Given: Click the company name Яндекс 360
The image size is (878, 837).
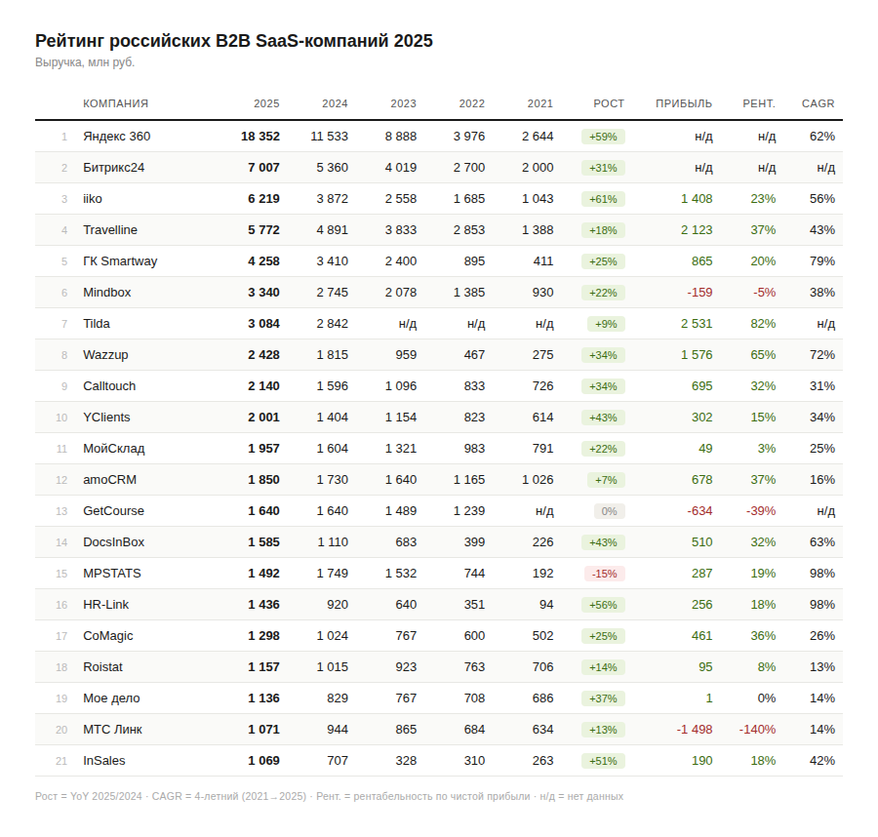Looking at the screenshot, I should pyautogui.click(x=116, y=137).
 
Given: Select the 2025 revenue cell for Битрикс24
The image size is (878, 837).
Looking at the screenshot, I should pyautogui.click(x=263, y=168).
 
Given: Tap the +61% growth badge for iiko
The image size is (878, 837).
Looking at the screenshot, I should pyautogui.click(x=603, y=199).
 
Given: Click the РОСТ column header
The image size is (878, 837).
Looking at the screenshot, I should pyautogui.click(x=609, y=103).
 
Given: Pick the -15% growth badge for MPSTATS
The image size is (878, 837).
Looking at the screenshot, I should pyautogui.click(x=603, y=574).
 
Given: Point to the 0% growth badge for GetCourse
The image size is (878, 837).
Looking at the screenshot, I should pyautogui.click(x=609, y=511).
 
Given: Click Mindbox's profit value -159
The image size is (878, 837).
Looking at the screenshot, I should pyautogui.click(x=699, y=293).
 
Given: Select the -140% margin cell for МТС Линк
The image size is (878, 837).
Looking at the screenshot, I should pyautogui.click(x=757, y=730).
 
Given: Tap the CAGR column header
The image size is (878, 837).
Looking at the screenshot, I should pyautogui.click(x=818, y=103).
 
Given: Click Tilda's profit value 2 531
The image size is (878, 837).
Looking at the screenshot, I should pyautogui.click(x=697, y=324).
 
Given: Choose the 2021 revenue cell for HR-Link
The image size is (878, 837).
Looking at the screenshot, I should pyautogui.click(x=545, y=605).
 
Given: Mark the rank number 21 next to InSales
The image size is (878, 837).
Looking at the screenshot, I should pyautogui.click(x=61, y=761).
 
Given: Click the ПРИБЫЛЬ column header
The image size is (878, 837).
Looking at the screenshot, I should pyautogui.click(x=684, y=103).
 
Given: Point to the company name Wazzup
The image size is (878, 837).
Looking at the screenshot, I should pyautogui.click(x=105, y=355).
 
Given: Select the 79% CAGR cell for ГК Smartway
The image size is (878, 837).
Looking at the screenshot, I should pyautogui.click(x=821, y=261).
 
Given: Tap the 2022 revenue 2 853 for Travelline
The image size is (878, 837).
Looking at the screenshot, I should pyautogui.click(x=468, y=230).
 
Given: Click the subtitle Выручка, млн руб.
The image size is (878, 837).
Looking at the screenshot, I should pyautogui.click(x=85, y=62).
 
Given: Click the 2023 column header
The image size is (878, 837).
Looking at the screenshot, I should pyautogui.click(x=403, y=103).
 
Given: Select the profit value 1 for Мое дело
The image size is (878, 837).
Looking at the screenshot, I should pyautogui.click(x=709, y=698).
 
